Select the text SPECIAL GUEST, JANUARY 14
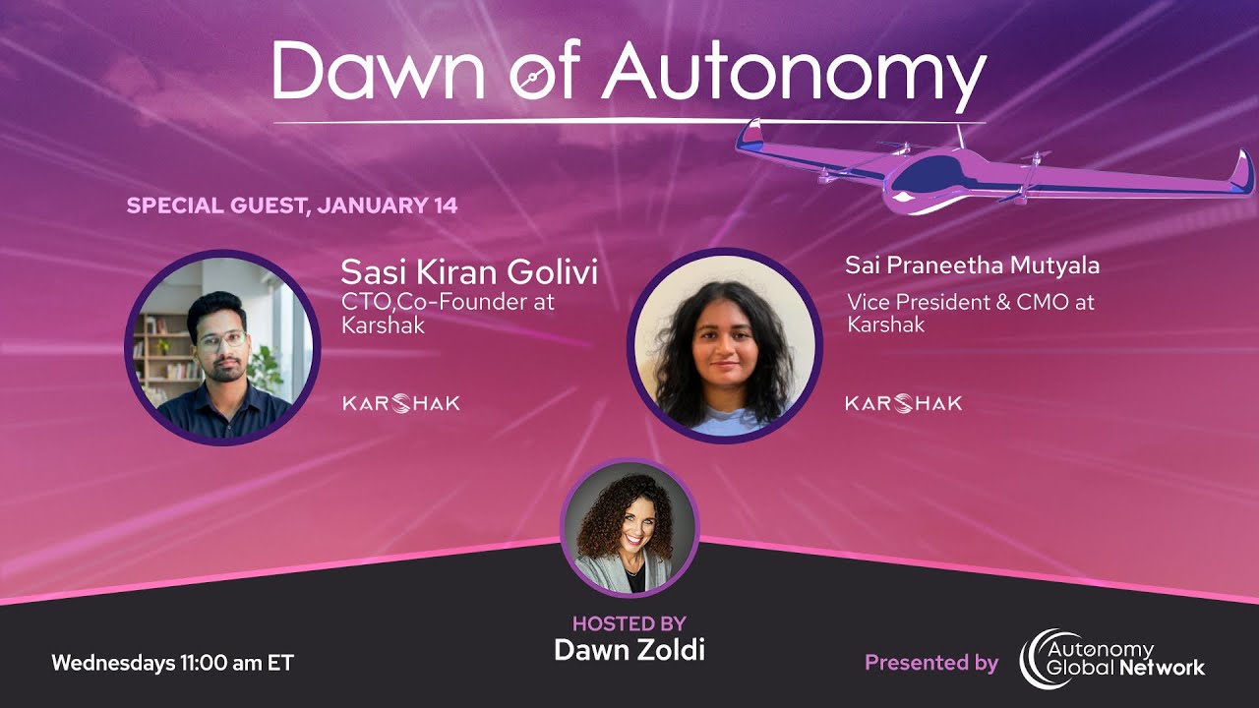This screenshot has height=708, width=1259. [x=292, y=206]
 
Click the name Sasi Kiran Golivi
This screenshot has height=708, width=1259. [x=468, y=272]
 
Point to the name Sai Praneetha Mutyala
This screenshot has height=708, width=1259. [x=972, y=265]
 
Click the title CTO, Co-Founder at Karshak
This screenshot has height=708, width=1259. [x=448, y=313]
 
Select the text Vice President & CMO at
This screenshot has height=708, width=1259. [x=971, y=302]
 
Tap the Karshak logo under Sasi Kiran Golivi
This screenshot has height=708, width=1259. [x=400, y=403]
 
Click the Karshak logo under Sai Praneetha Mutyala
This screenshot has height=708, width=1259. [x=903, y=403]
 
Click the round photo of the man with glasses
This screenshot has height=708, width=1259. [x=222, y=348]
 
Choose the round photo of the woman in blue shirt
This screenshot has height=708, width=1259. [x=724, y=346]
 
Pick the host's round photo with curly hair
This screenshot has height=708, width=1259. [x=629, y=528]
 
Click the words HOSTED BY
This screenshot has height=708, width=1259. [x=629, y=623]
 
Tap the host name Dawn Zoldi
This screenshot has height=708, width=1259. [x=629, y=650]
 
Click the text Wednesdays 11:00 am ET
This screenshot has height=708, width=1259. [x=172, y=663]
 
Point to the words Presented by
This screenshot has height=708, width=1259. [x=930, y=663]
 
